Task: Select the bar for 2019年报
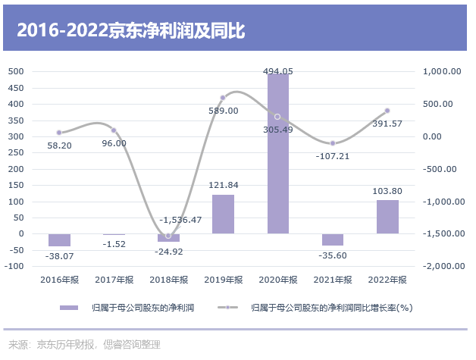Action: [x=223, y=214]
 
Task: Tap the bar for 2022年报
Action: [x=387, y=217]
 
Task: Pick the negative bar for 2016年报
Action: [x=59, y=239]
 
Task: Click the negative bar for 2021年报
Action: [x=333, y=239]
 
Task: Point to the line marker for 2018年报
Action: [x=168, y=236]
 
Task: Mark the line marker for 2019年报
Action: [x=223, y=98]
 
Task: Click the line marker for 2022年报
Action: [x=387, y=111]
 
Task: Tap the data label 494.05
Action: [x=277, y=71]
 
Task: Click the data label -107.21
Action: [x=333, y=156]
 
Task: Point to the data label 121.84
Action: [x=223, y=186]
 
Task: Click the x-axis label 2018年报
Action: [x=168, y=280]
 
